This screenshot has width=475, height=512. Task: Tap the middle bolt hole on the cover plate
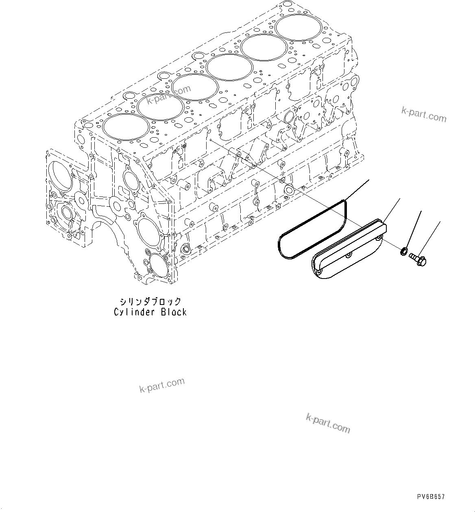(x=349, y=255)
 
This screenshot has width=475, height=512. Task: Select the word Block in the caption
(x=174, y=312)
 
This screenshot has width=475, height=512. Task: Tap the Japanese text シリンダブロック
(x=150, y=302)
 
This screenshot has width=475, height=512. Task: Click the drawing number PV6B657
(x=431, y=497)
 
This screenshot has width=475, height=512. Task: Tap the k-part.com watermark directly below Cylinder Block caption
(x=162, y=385)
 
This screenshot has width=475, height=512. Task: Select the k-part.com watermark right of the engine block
(x=424, y=114)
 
